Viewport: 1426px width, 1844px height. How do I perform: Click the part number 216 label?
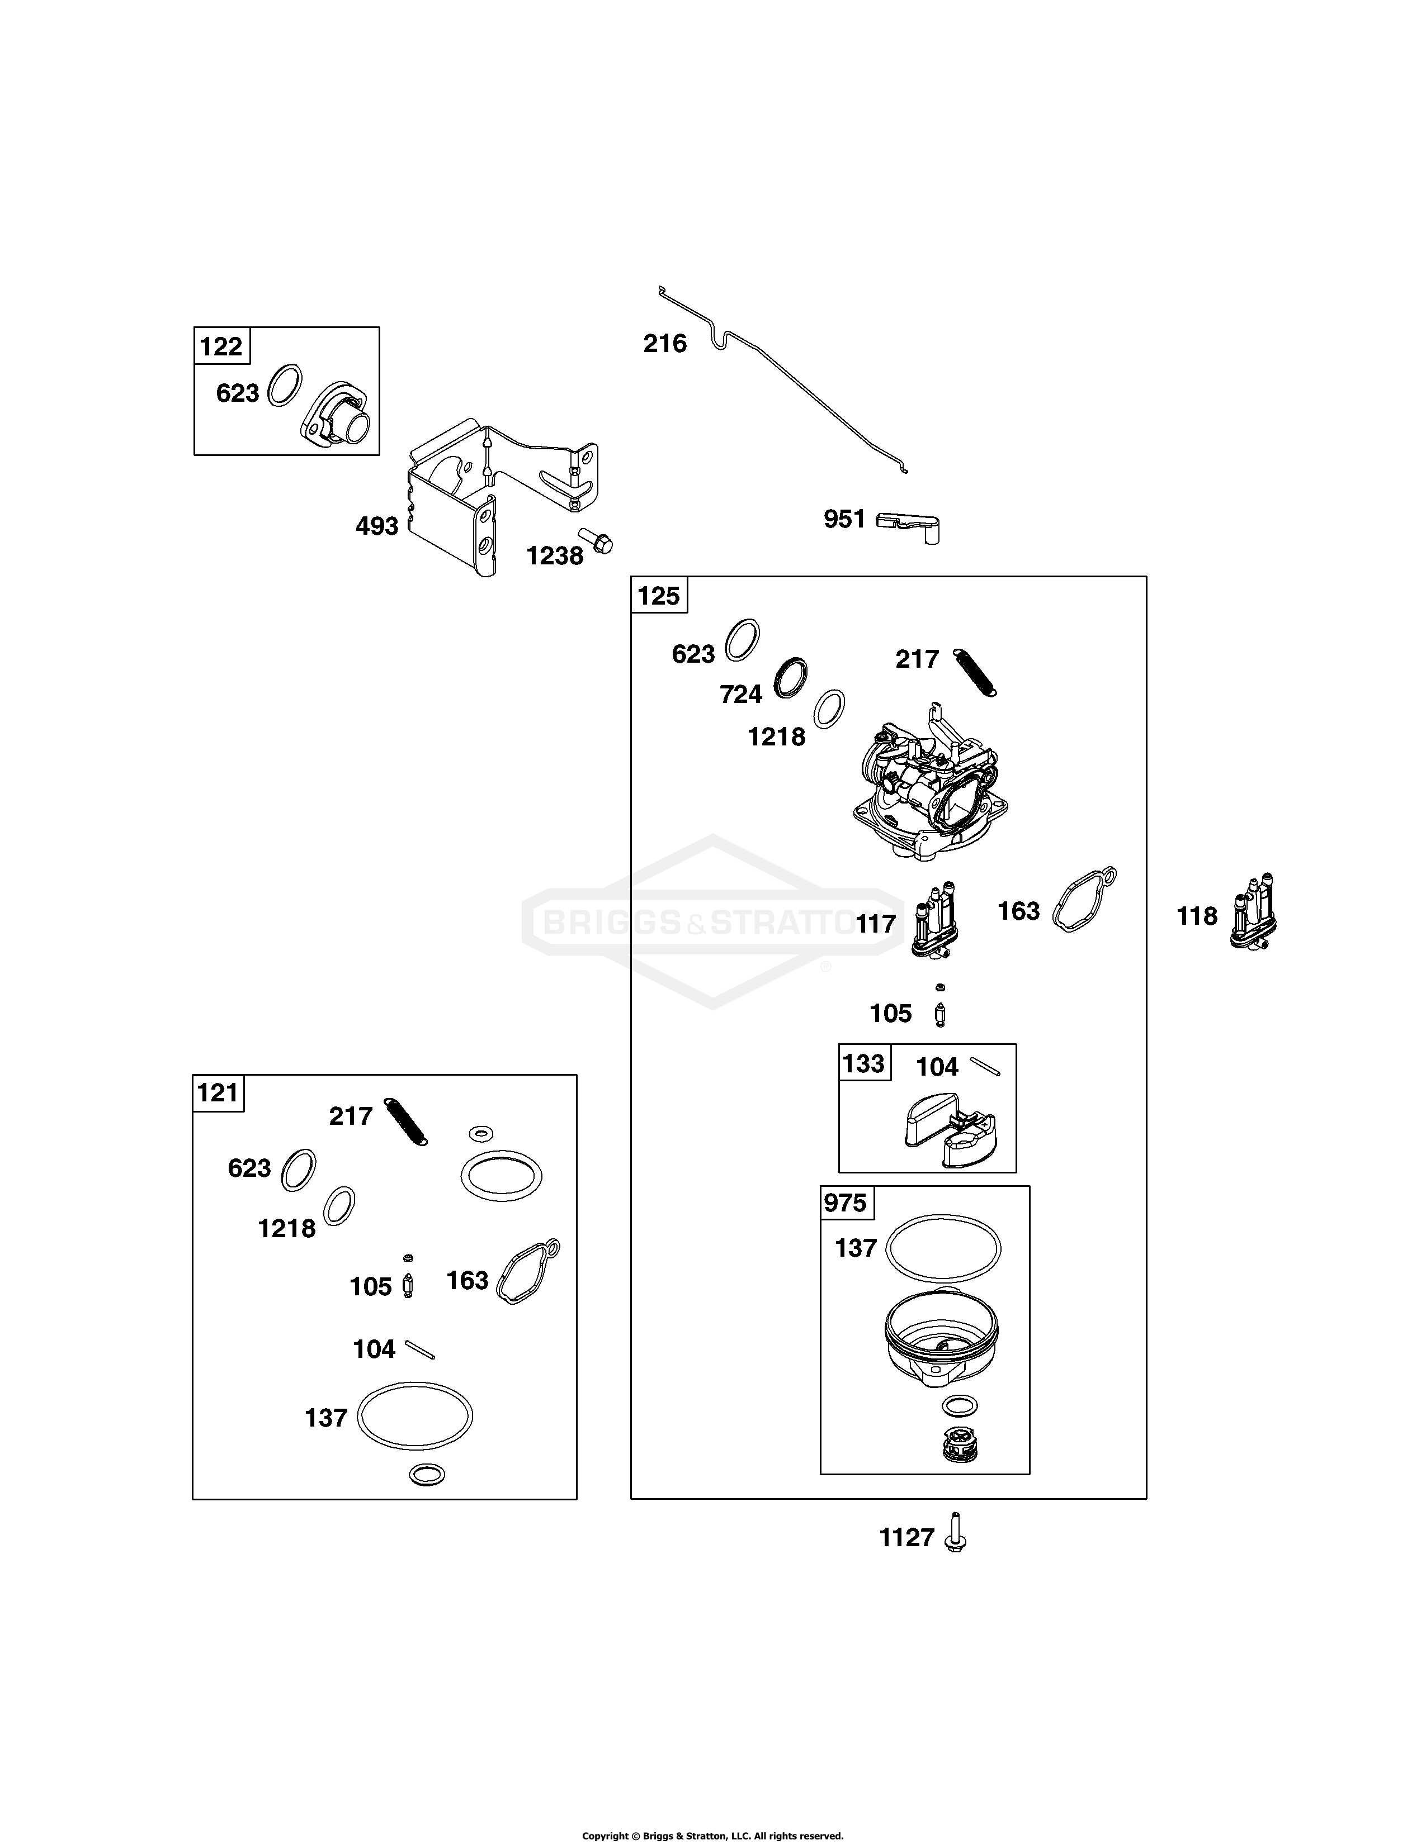[665, 344]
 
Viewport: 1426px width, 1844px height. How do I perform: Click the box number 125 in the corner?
[659, 596]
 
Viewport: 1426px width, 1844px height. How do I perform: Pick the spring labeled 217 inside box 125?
[975, 672]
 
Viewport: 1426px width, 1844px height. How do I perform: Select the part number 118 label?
[1197, 916]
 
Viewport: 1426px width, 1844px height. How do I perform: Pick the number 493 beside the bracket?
[377, 526]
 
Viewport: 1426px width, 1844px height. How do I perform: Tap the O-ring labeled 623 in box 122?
[285, 386]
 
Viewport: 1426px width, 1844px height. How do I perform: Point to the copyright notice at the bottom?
[713, 1829]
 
